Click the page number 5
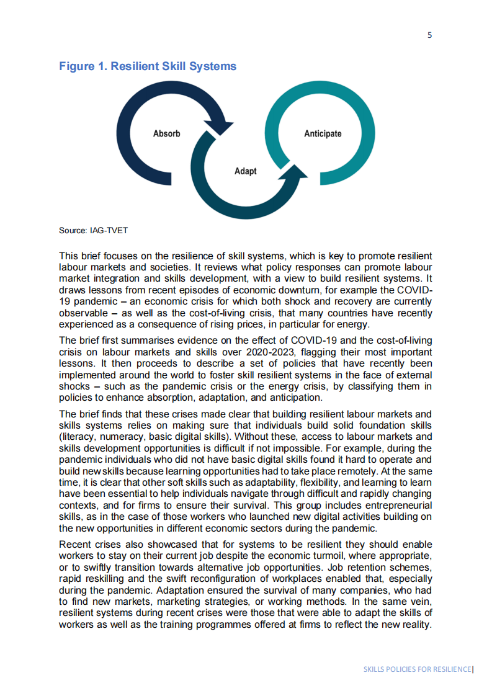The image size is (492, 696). [x=429, y=35]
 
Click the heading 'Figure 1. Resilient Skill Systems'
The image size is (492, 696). [x=148, y=66]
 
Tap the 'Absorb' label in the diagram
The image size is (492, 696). [x=166, y=133]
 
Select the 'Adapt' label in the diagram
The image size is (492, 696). [x=246, y=171]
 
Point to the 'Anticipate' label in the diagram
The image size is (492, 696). [x=323, y=133]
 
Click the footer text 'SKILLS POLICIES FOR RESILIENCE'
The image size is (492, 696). [x=417, y=669]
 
